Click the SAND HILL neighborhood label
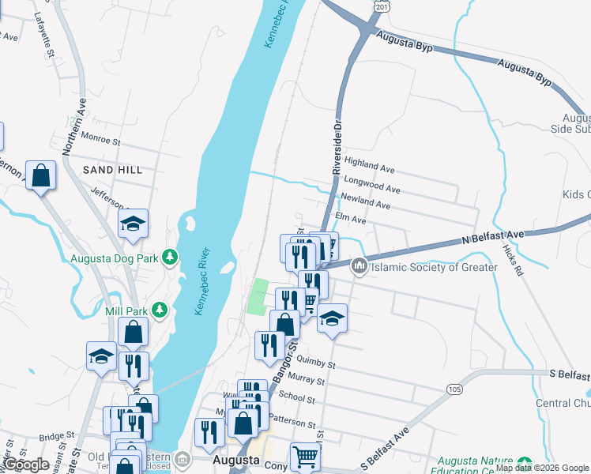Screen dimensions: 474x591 click(113, 170)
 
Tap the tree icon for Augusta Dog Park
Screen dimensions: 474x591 click(168, 257)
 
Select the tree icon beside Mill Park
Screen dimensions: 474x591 click(159, 310)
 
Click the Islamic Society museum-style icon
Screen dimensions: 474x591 click(360, 267)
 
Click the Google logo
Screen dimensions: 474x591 click(25, 465)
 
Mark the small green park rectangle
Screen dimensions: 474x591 click(258, 296)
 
